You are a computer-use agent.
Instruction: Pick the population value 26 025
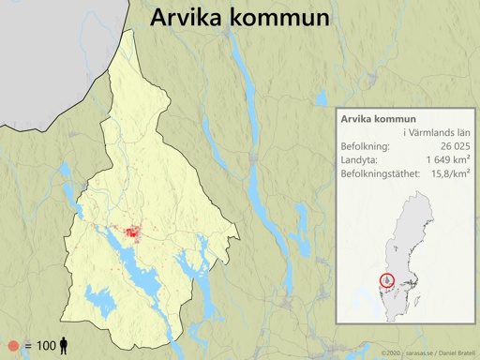tap(449, 147)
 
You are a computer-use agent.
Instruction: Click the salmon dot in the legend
tap(12, 346)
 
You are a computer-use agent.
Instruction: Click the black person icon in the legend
tap(64, 346)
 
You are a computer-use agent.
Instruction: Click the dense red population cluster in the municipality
tap(128, 232)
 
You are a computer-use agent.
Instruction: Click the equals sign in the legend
tap(28, 346)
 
